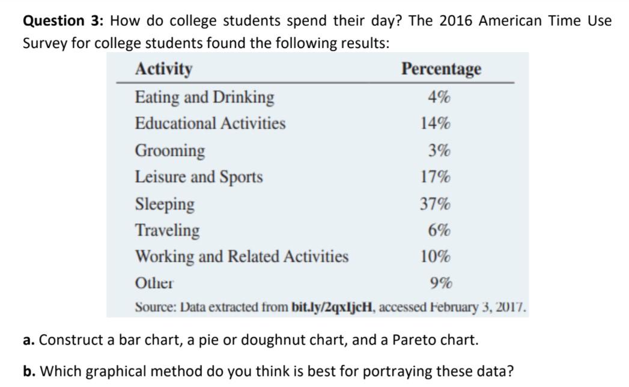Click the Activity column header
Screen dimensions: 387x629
(x=163, y=69)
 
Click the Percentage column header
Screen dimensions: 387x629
(x=441, y=69)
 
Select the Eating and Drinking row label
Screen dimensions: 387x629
(x=204, y=97)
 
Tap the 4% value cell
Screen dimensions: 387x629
(x=440, y=97)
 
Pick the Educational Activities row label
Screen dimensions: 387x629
(x=210, y=124)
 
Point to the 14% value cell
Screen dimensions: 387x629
(x=436, y=124)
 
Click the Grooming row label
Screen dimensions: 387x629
(x=169, y=150)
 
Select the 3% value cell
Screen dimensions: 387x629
(x=440, y=150)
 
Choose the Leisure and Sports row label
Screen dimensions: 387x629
(x=199, y=177)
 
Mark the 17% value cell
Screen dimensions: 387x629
(x=436, y=177)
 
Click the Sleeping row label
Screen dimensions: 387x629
(x=165, y=204)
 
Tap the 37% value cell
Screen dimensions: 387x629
(x=436, y=204)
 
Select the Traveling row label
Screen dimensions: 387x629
(x=167, y=230)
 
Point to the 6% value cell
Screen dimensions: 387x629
(x=440, y=230)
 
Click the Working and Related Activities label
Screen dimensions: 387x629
(x=242, y=257)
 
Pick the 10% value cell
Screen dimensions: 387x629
(x=436, y=257)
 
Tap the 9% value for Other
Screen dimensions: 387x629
(x=441, y=283)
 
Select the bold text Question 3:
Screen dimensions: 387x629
(x=62, y=21)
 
